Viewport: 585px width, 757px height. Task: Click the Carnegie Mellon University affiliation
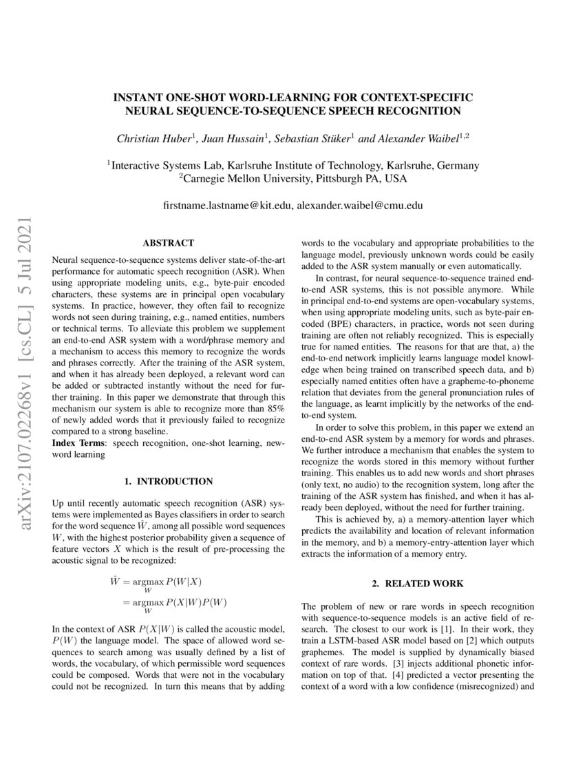(x=292, y=179)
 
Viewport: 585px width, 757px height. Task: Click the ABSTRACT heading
(x=168, y=243)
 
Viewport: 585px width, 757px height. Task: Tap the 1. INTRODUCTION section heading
(x=168, y=481)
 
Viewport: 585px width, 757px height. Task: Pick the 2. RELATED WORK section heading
(x=418, y=584)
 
